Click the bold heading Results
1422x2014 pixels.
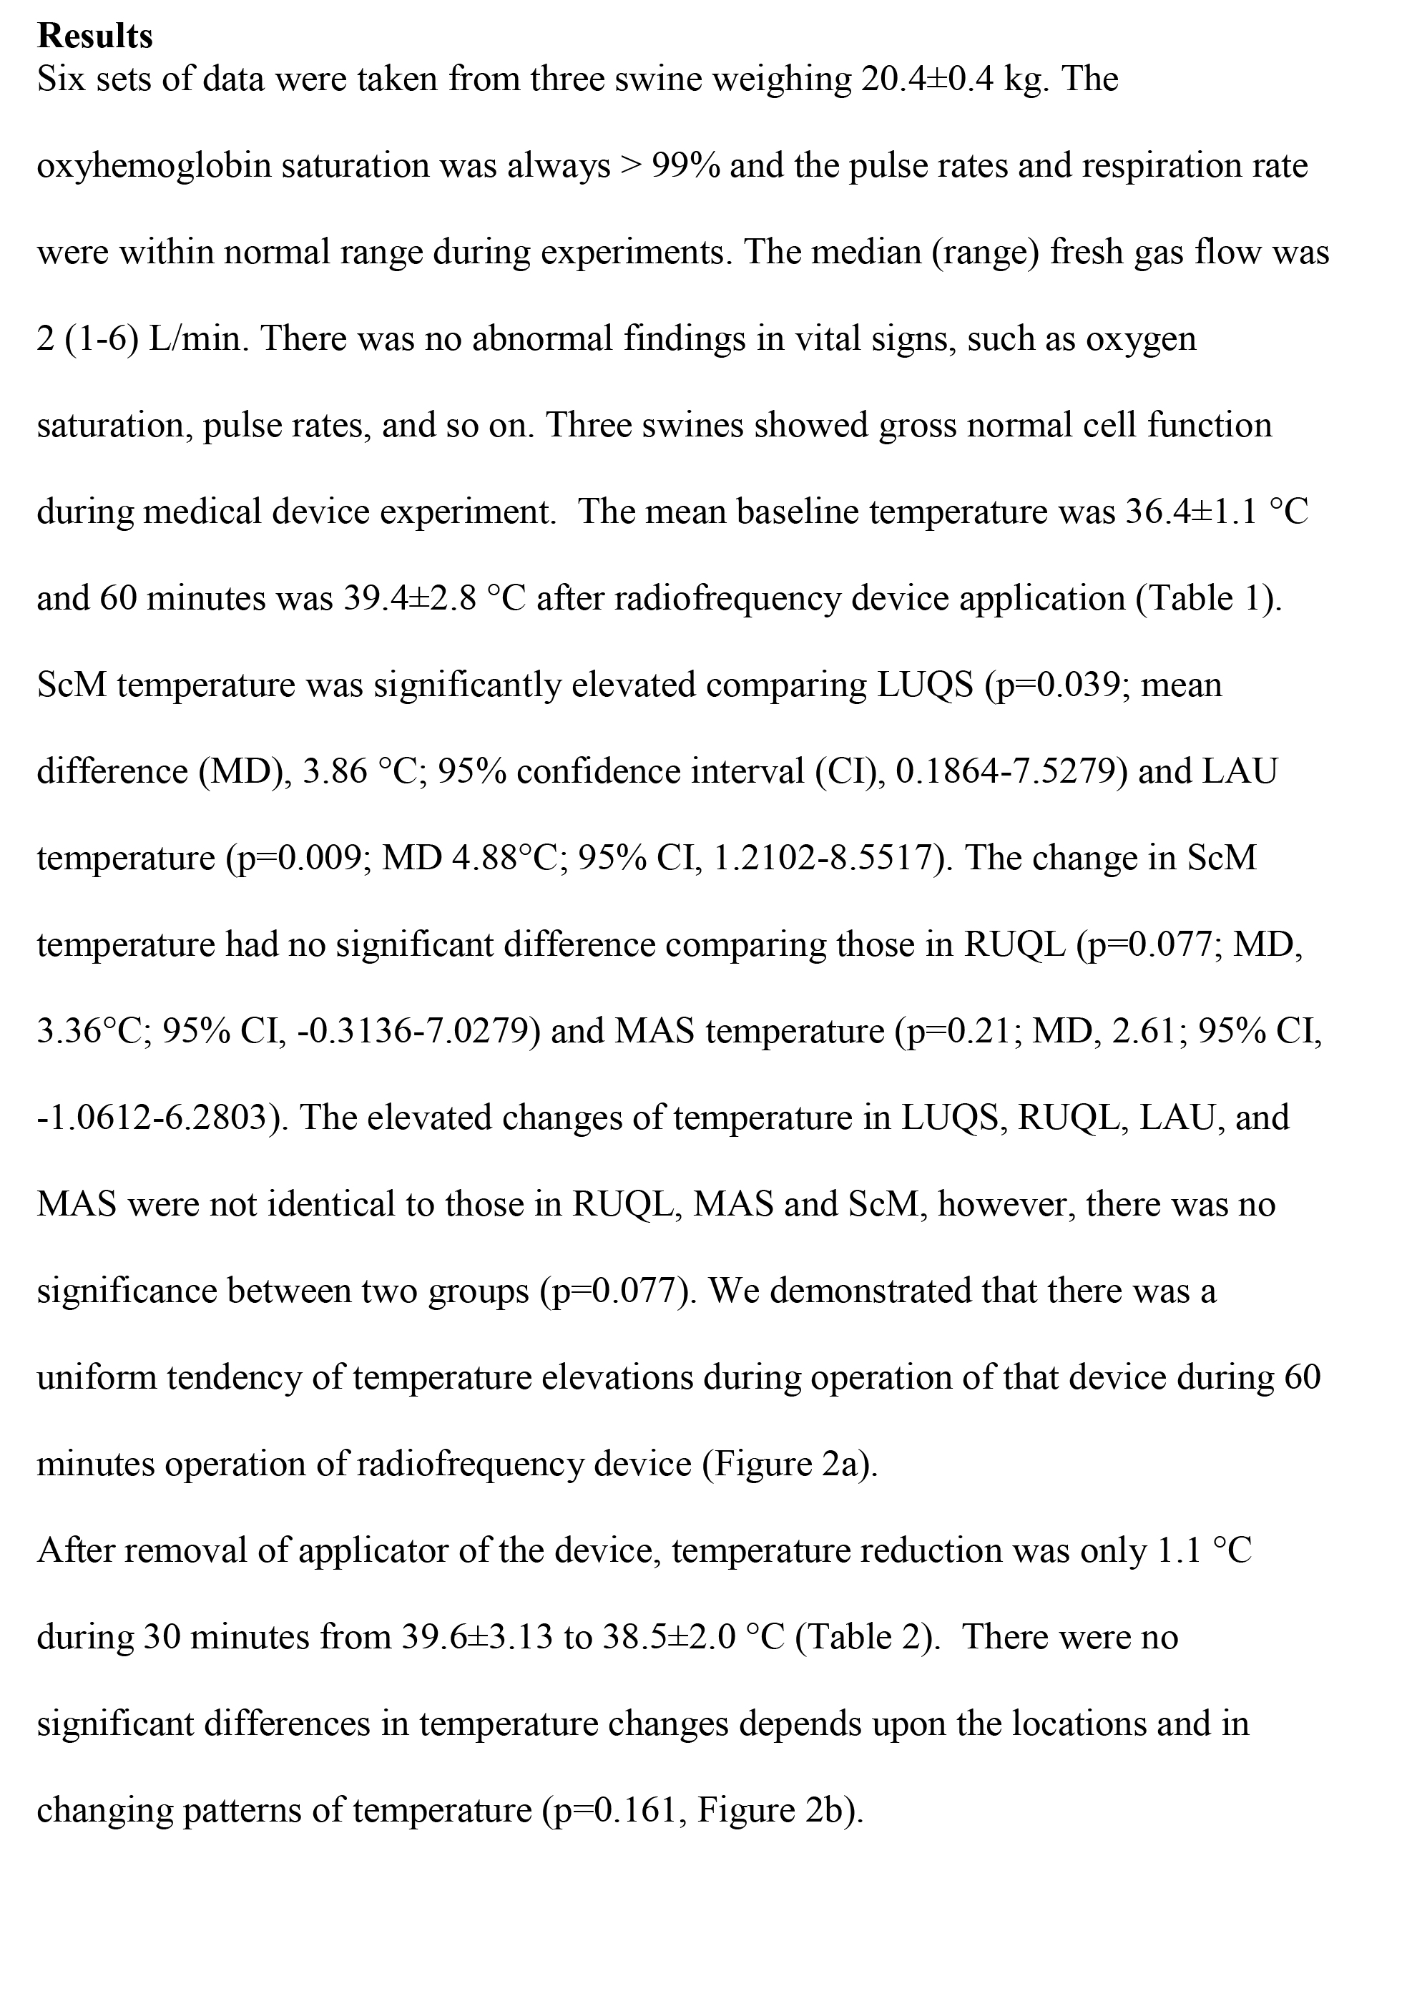tap(94, 36)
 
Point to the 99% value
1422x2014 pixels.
tap(686, 166)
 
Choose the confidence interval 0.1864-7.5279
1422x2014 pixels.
tap(1005, 771)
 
